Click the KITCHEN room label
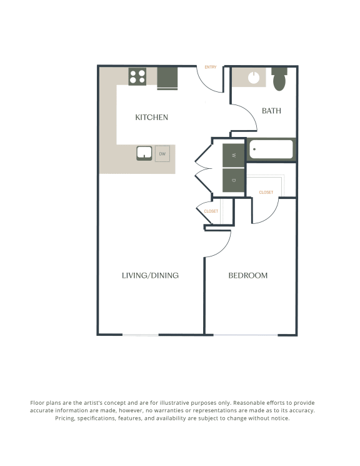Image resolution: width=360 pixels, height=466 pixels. coord(152,117)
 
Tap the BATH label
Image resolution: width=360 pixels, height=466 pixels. coord(271,111)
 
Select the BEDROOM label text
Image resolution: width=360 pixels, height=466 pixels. coord(247,275)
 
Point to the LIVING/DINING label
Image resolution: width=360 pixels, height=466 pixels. coord(150,275)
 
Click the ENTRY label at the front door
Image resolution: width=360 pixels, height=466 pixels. coord(210,68)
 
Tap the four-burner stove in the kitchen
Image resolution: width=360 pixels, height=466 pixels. coord(137,77)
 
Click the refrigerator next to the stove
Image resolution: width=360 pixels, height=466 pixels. coord(167,79)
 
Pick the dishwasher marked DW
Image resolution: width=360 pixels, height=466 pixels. coord(162,153)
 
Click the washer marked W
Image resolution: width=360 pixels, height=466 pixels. coord(234,156)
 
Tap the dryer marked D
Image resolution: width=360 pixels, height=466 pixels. coord(234,180)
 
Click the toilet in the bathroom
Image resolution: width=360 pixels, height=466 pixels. coord(279,79)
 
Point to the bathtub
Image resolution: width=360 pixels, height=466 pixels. coord(271,150)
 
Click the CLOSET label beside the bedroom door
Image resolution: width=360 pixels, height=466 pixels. coord(266,192)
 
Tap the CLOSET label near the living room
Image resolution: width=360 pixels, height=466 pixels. coord(211,211)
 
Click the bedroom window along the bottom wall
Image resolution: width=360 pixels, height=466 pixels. coord(246,335)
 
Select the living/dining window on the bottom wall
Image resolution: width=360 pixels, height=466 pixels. coord(140,335)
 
